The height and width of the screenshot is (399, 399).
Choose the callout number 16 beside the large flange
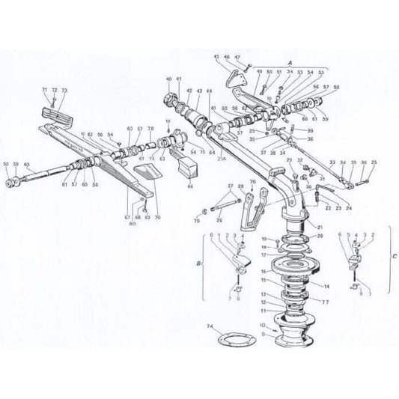[263, 265]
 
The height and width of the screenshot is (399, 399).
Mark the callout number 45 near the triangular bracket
[216, 56]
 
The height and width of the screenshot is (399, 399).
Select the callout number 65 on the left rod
[27, 164]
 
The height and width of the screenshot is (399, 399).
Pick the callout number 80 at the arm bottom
[133, 224]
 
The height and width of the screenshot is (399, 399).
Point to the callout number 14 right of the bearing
[326, 286]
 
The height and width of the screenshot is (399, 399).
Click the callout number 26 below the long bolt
[220, 220]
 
